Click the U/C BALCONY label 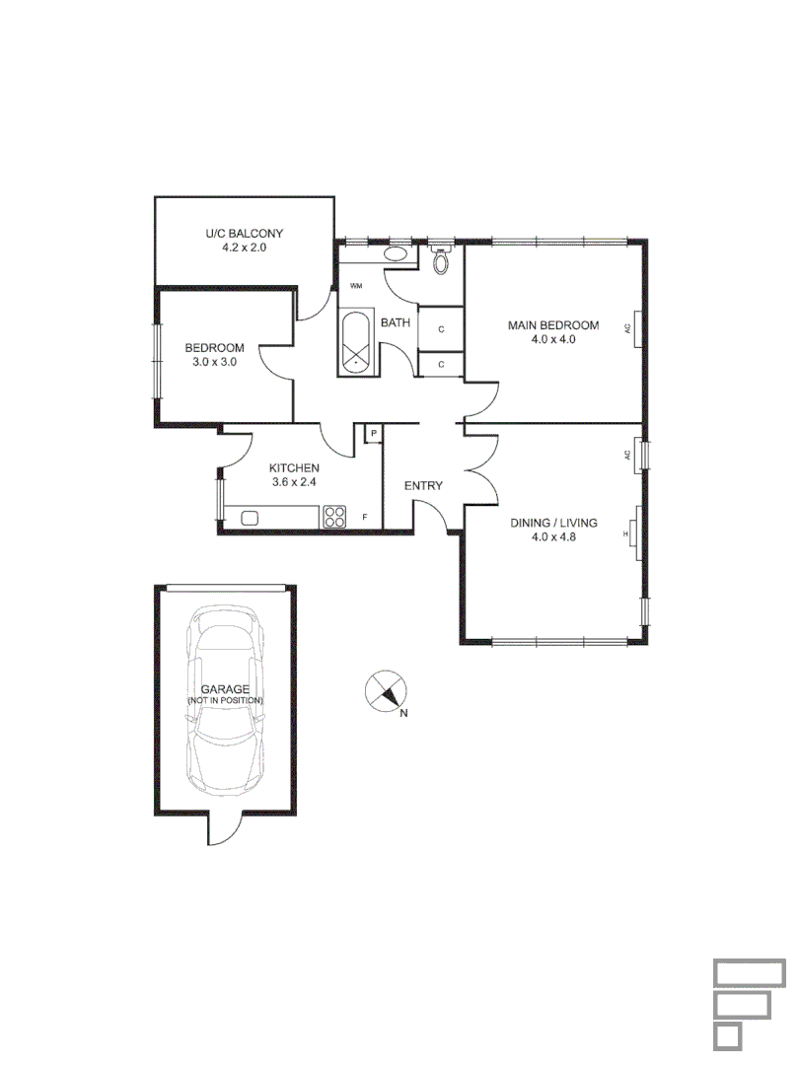pos(244,234)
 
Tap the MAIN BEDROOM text pos(552,325)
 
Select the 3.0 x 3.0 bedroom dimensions pos(214,362)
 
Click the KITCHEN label pos(294,468)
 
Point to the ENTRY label pos(423,485)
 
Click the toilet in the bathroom pos(441,261)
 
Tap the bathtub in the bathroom pos(355,342)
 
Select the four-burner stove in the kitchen pos(334,517)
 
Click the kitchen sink pos(250,517)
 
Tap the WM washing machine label pos(355,286)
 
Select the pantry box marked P pos(374,433)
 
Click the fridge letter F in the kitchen pos(365,518)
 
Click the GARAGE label pos(225,689)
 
